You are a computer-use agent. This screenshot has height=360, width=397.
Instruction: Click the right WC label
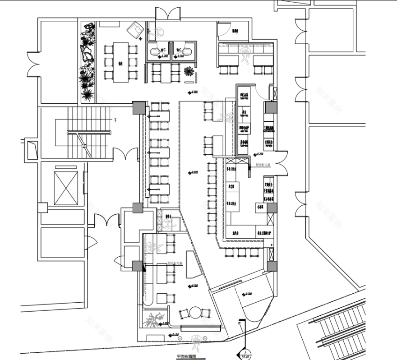point(179,50)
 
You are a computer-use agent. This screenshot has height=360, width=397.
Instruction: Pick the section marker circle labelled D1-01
point(244,354)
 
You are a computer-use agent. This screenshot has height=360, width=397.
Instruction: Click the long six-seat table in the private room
point(120,62)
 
